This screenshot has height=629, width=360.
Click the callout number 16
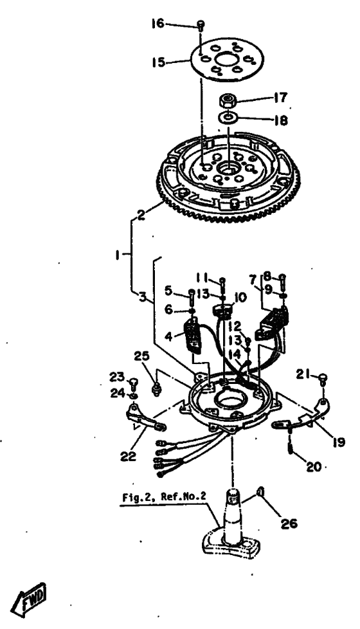click(x=157, y=24)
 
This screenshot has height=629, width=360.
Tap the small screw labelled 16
click(x=201, y=26)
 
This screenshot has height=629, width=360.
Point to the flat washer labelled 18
click(x=228, y=118)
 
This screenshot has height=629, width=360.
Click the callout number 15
click(x=158, y=62)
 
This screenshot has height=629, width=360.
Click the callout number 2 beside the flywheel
click(x=141, y=215)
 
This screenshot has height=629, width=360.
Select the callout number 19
click(x=338, y=442)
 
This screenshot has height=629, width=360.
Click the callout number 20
click(x=314, y=467)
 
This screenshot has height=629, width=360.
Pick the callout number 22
click(x=127, y=456)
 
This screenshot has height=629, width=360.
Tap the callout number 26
click(x=289, y=523)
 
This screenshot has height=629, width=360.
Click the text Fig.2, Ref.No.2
click(x=164, y=497)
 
